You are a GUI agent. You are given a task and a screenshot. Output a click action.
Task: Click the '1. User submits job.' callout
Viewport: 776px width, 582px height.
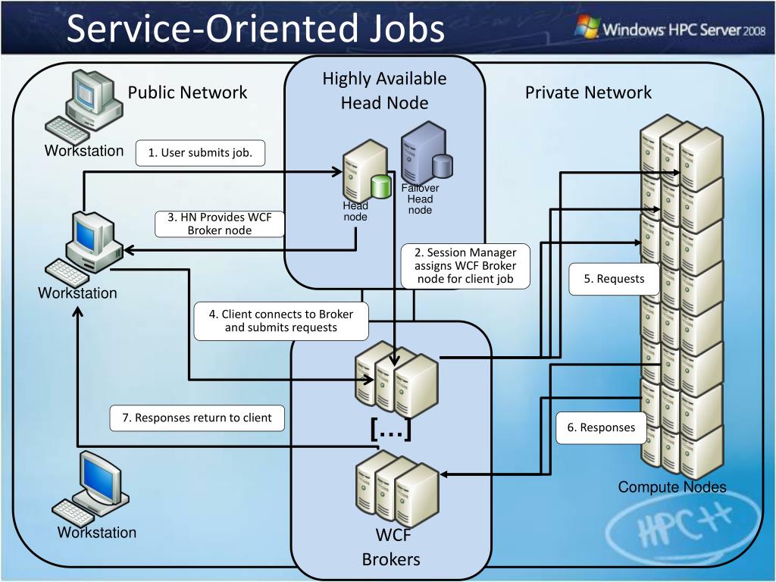tap(200, 153)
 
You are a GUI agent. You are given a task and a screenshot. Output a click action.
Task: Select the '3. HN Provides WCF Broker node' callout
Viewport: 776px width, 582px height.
tap(220, 224)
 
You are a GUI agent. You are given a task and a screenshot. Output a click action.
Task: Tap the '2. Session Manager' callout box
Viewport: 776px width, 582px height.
tap(465, 266)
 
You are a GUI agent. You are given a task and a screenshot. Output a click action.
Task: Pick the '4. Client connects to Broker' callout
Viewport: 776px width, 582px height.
tap(281, 321)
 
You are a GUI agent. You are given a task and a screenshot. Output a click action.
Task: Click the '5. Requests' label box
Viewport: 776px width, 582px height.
tap(614, 279)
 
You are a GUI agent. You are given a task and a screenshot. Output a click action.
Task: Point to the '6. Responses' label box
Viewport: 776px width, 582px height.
tap(601, 427)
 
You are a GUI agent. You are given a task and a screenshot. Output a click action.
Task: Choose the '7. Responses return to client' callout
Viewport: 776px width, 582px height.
tap(197, 418)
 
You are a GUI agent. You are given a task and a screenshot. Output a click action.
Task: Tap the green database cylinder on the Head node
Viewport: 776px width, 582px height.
tap(381, 186)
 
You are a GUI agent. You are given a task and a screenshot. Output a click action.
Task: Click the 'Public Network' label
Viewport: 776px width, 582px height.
tap(188, 92)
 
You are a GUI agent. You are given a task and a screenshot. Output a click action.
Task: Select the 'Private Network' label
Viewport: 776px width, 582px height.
tap(588, 92)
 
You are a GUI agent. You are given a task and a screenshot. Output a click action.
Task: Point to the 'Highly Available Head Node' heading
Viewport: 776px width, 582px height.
tap(384, 91)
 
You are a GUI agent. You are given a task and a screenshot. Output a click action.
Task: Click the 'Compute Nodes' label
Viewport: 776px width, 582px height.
tap(672, 487)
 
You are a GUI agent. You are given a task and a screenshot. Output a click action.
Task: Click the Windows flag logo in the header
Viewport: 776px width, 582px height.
tap(587, 27)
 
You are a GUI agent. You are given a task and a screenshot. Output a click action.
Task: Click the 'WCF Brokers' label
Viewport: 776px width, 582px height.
tap(391, 547)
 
